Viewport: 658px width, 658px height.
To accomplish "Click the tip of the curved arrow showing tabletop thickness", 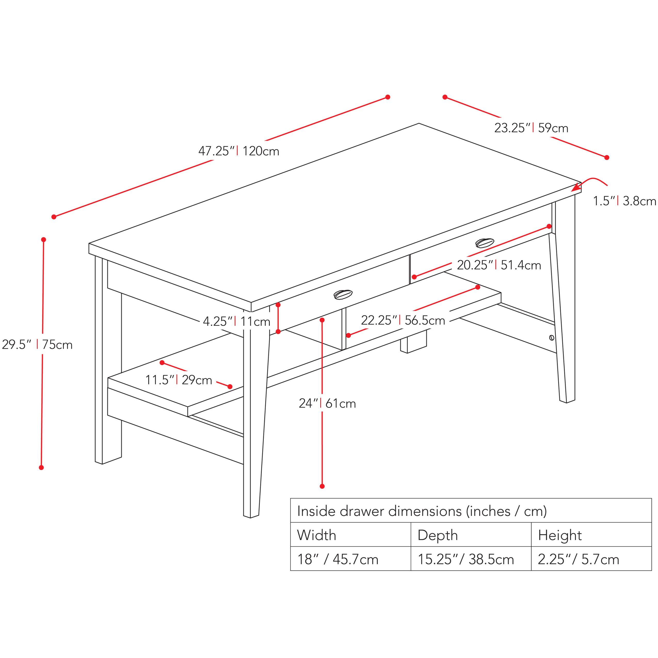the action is tap(572, 190).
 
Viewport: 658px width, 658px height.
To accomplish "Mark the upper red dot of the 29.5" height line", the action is tap(44, 239).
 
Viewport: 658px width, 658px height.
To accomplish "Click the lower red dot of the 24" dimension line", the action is tap(322, 486).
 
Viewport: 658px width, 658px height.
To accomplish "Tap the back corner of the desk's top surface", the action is tap(419, 123).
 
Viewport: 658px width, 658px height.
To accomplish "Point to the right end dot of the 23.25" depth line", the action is tap(607, 157).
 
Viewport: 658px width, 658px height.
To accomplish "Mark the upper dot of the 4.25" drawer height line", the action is tap(278, 304).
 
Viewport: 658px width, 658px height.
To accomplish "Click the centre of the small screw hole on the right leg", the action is tap(552, 338).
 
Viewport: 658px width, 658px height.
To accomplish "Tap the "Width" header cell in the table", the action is tap(350, 535).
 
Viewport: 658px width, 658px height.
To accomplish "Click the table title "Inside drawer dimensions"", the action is tap(379, 511).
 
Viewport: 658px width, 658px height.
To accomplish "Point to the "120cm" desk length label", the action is tap(261, 151).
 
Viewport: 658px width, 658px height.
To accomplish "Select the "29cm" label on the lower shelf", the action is tap(197, 380).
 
